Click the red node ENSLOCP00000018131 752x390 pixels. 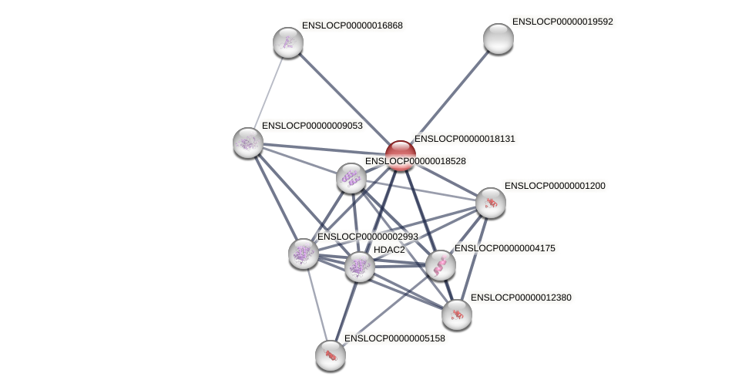coord(401,155)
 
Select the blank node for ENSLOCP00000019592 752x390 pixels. coord(499,39)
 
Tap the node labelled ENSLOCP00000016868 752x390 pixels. coord(288,42)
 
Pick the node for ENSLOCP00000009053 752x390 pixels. coord(248,143)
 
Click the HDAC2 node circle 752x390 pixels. coord(359,267)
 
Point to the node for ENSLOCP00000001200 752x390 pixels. coord(491,203)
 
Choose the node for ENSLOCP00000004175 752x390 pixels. coord(441,265)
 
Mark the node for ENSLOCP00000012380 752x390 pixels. coord(457,314)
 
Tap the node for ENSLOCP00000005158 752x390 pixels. coord(331,355)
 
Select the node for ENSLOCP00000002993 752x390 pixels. coord(304,253)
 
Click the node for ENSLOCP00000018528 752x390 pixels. coord(351,178)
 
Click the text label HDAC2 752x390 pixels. coord(389,250)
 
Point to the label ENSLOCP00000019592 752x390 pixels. coord(562,22)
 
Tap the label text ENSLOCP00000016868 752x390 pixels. coord(352,25)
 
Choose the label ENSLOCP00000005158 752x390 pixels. coord(394,338)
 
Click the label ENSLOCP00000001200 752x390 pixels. coord(555,186)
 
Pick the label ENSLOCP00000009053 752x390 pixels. coord(312,126)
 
